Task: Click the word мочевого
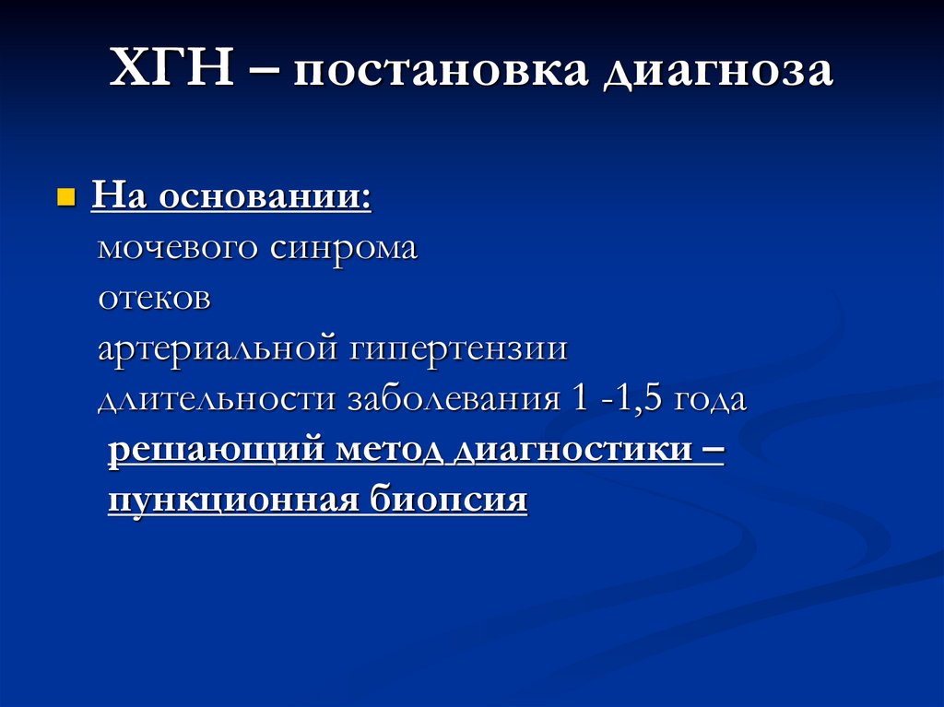(179, 248)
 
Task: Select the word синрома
(344, 248)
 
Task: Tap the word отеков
(156, 299)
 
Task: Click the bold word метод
(380, 451)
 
